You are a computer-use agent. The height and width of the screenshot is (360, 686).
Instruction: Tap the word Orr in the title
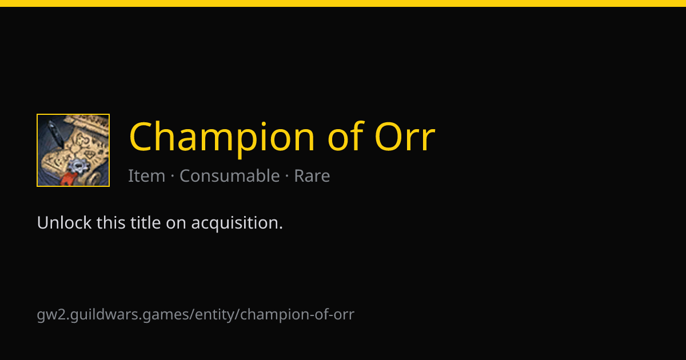click(405, 136)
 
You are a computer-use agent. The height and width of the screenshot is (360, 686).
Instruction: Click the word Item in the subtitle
click(146, 176)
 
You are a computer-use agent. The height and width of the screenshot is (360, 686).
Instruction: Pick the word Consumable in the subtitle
click(229, 175)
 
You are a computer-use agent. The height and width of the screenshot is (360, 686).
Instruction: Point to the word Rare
click(312, 176)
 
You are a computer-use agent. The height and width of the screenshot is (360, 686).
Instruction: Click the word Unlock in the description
click(64, 222)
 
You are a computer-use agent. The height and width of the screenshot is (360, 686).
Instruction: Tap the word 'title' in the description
click(145, 222)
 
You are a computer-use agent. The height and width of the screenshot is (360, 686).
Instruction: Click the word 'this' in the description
click(111, 222)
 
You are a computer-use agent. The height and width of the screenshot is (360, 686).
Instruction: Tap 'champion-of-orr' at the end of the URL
click(297, 315)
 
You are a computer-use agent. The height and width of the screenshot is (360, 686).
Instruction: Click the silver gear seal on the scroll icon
click(78, 166)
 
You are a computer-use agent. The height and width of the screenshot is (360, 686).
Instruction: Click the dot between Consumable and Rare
click(287, 177)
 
